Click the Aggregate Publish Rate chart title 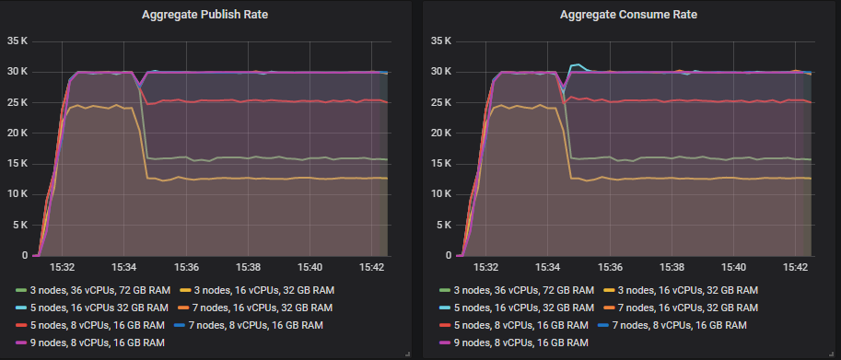coord(206,16)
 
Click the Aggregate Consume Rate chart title coord(628,16)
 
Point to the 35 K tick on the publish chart coord(18,41)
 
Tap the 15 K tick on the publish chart coord(18,163)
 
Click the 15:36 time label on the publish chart coord(186,268)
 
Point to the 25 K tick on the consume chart coord(441,102)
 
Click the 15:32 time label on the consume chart coord(486,268)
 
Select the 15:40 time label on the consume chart coord(733,268)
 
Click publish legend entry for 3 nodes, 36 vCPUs coord(92,290)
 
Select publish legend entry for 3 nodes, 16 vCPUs coord(260,290)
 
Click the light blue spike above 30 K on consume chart coord(577,65)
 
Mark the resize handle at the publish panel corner coord(406,353)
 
